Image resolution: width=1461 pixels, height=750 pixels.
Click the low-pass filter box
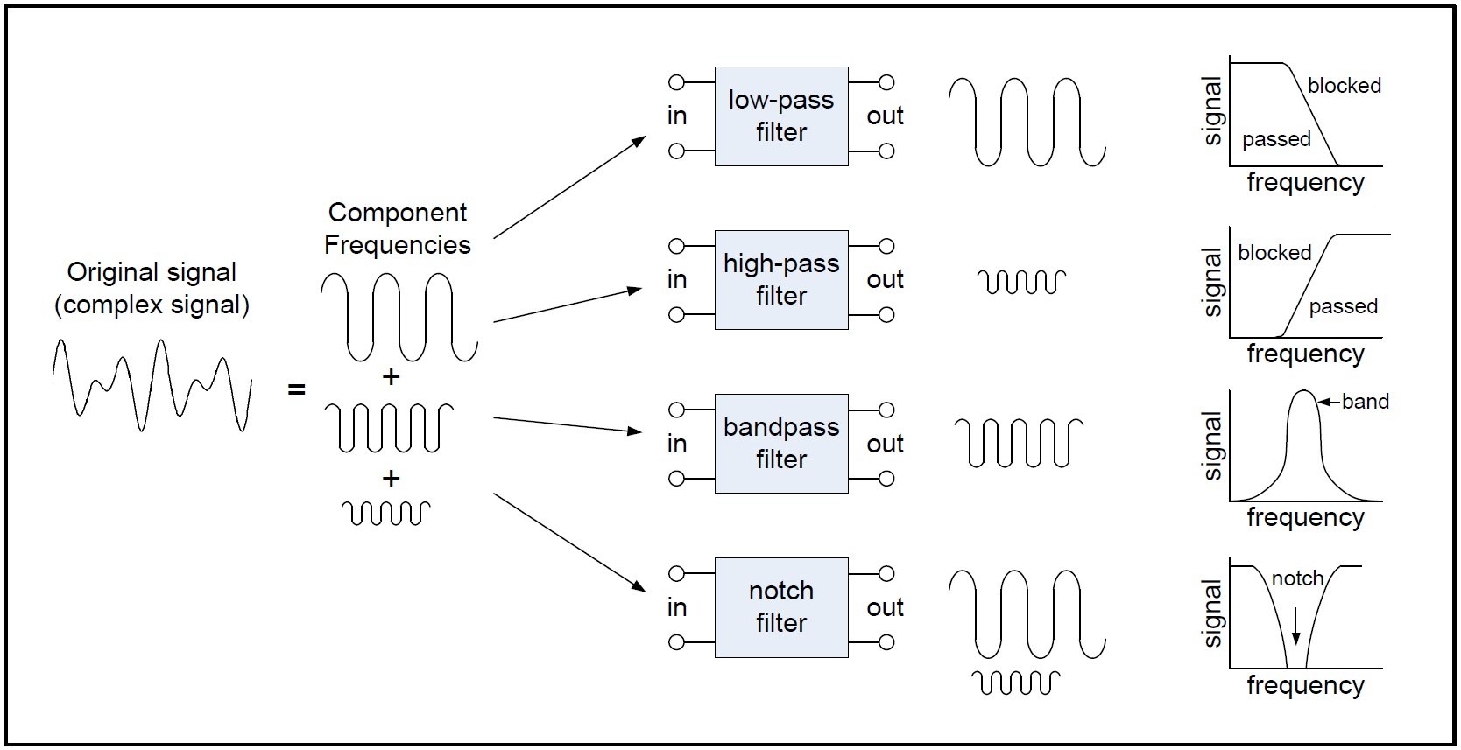(x=781, y=116)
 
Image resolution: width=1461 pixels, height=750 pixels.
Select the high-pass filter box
(x=781, y=280)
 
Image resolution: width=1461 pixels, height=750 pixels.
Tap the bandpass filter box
(x=781, y=444)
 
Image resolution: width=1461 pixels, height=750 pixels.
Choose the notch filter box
(x=781, y=607)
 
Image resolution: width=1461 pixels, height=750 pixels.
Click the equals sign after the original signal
(x=297, y=389)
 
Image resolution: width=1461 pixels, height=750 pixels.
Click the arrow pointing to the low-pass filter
(x=569, y=187)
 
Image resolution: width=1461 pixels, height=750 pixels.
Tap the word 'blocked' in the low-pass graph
(x=1344, y=86)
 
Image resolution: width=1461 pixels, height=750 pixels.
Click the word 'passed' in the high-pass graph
(x=1343, y=306)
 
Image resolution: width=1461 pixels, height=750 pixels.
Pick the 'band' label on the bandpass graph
(x=1365, y=402)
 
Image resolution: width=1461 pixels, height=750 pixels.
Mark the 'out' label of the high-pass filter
(x=885, y=280)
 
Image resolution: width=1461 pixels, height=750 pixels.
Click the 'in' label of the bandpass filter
(x=677, y=444)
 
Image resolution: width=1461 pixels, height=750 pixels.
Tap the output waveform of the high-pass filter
(x=1021, y=282)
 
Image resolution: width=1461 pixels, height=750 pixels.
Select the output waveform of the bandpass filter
(x=1019, y=442)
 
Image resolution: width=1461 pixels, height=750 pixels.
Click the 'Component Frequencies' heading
(x=398, y=228)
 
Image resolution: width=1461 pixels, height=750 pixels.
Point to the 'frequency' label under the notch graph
(x=1305, y=685)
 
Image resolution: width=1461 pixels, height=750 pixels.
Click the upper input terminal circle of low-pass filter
(x=676, y=82)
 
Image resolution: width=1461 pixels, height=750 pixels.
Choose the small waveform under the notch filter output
(x=1016, y=683)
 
